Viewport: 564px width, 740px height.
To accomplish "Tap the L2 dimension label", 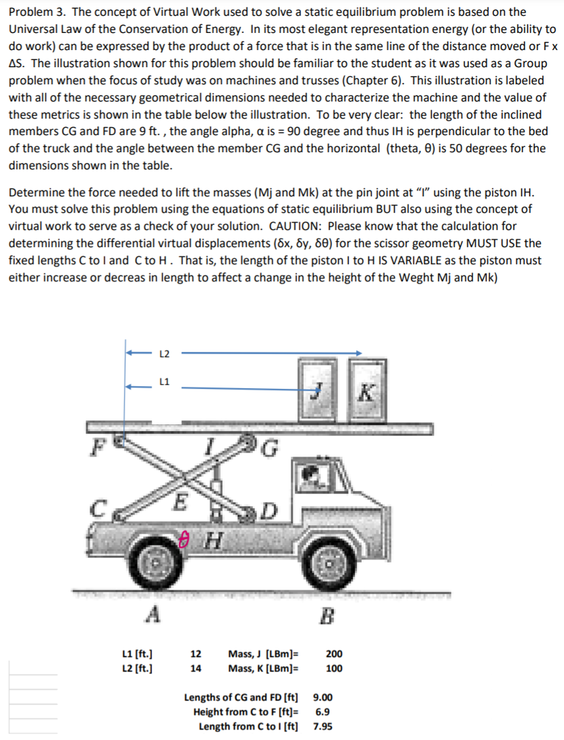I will tap(165, 354).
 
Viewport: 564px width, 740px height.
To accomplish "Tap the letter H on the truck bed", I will tap(211, 541).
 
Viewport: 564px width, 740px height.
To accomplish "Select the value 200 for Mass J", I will tap(334, 654).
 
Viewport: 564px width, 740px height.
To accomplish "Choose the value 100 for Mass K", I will tap(334, 668).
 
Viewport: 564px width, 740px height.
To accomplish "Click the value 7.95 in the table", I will tap(323, 727).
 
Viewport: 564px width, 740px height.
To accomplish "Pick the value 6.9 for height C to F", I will tap(323, 712).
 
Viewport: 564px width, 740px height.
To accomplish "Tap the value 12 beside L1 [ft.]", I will tap(196, 654).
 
